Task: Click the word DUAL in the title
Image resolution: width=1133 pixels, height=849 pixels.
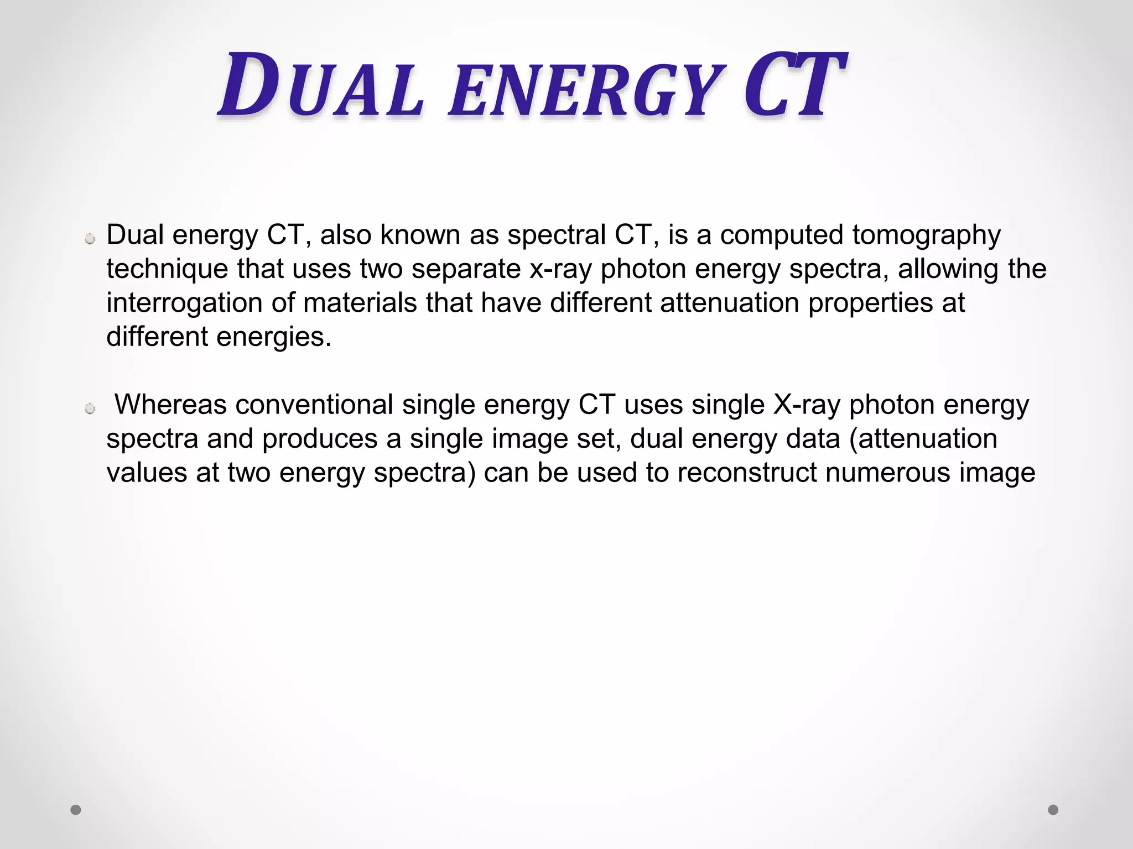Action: tap(321, 86)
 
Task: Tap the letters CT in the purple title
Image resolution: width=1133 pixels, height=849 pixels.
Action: tap(793, 86)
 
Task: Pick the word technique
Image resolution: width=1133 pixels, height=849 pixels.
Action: tap(167, 270)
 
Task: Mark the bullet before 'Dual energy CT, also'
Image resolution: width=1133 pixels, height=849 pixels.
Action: tap(90, 239)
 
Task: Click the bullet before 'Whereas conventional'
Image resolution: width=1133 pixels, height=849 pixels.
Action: tap(90, 409)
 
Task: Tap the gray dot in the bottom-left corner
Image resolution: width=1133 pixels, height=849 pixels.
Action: tap(76, 810)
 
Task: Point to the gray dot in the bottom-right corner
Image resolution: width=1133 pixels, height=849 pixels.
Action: tap(1053, 810)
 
